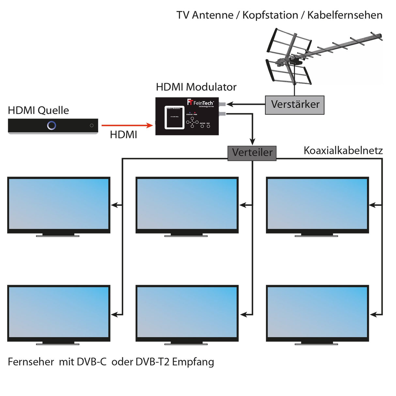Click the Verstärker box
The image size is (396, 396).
pos(295,105)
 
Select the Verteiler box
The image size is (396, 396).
pos(252,153)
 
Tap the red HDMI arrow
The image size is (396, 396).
pos(127,125)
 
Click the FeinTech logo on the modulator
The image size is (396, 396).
pos(201,103)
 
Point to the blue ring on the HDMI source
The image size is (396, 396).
pos(52,125)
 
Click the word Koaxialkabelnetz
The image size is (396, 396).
pos(343,150)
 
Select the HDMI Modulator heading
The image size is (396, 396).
pos(196,87)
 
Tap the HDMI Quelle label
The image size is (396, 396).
pos(38,110)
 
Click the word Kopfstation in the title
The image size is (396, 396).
pos(270,15)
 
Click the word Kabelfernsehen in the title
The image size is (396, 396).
pos(345,15)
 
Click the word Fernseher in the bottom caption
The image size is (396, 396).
pos(31,362)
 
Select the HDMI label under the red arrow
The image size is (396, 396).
pos(123,135)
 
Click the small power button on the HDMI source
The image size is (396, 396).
pos(92,126)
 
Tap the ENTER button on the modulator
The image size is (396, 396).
pos(202,126)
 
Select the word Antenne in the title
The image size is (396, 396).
pos(212,15)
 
